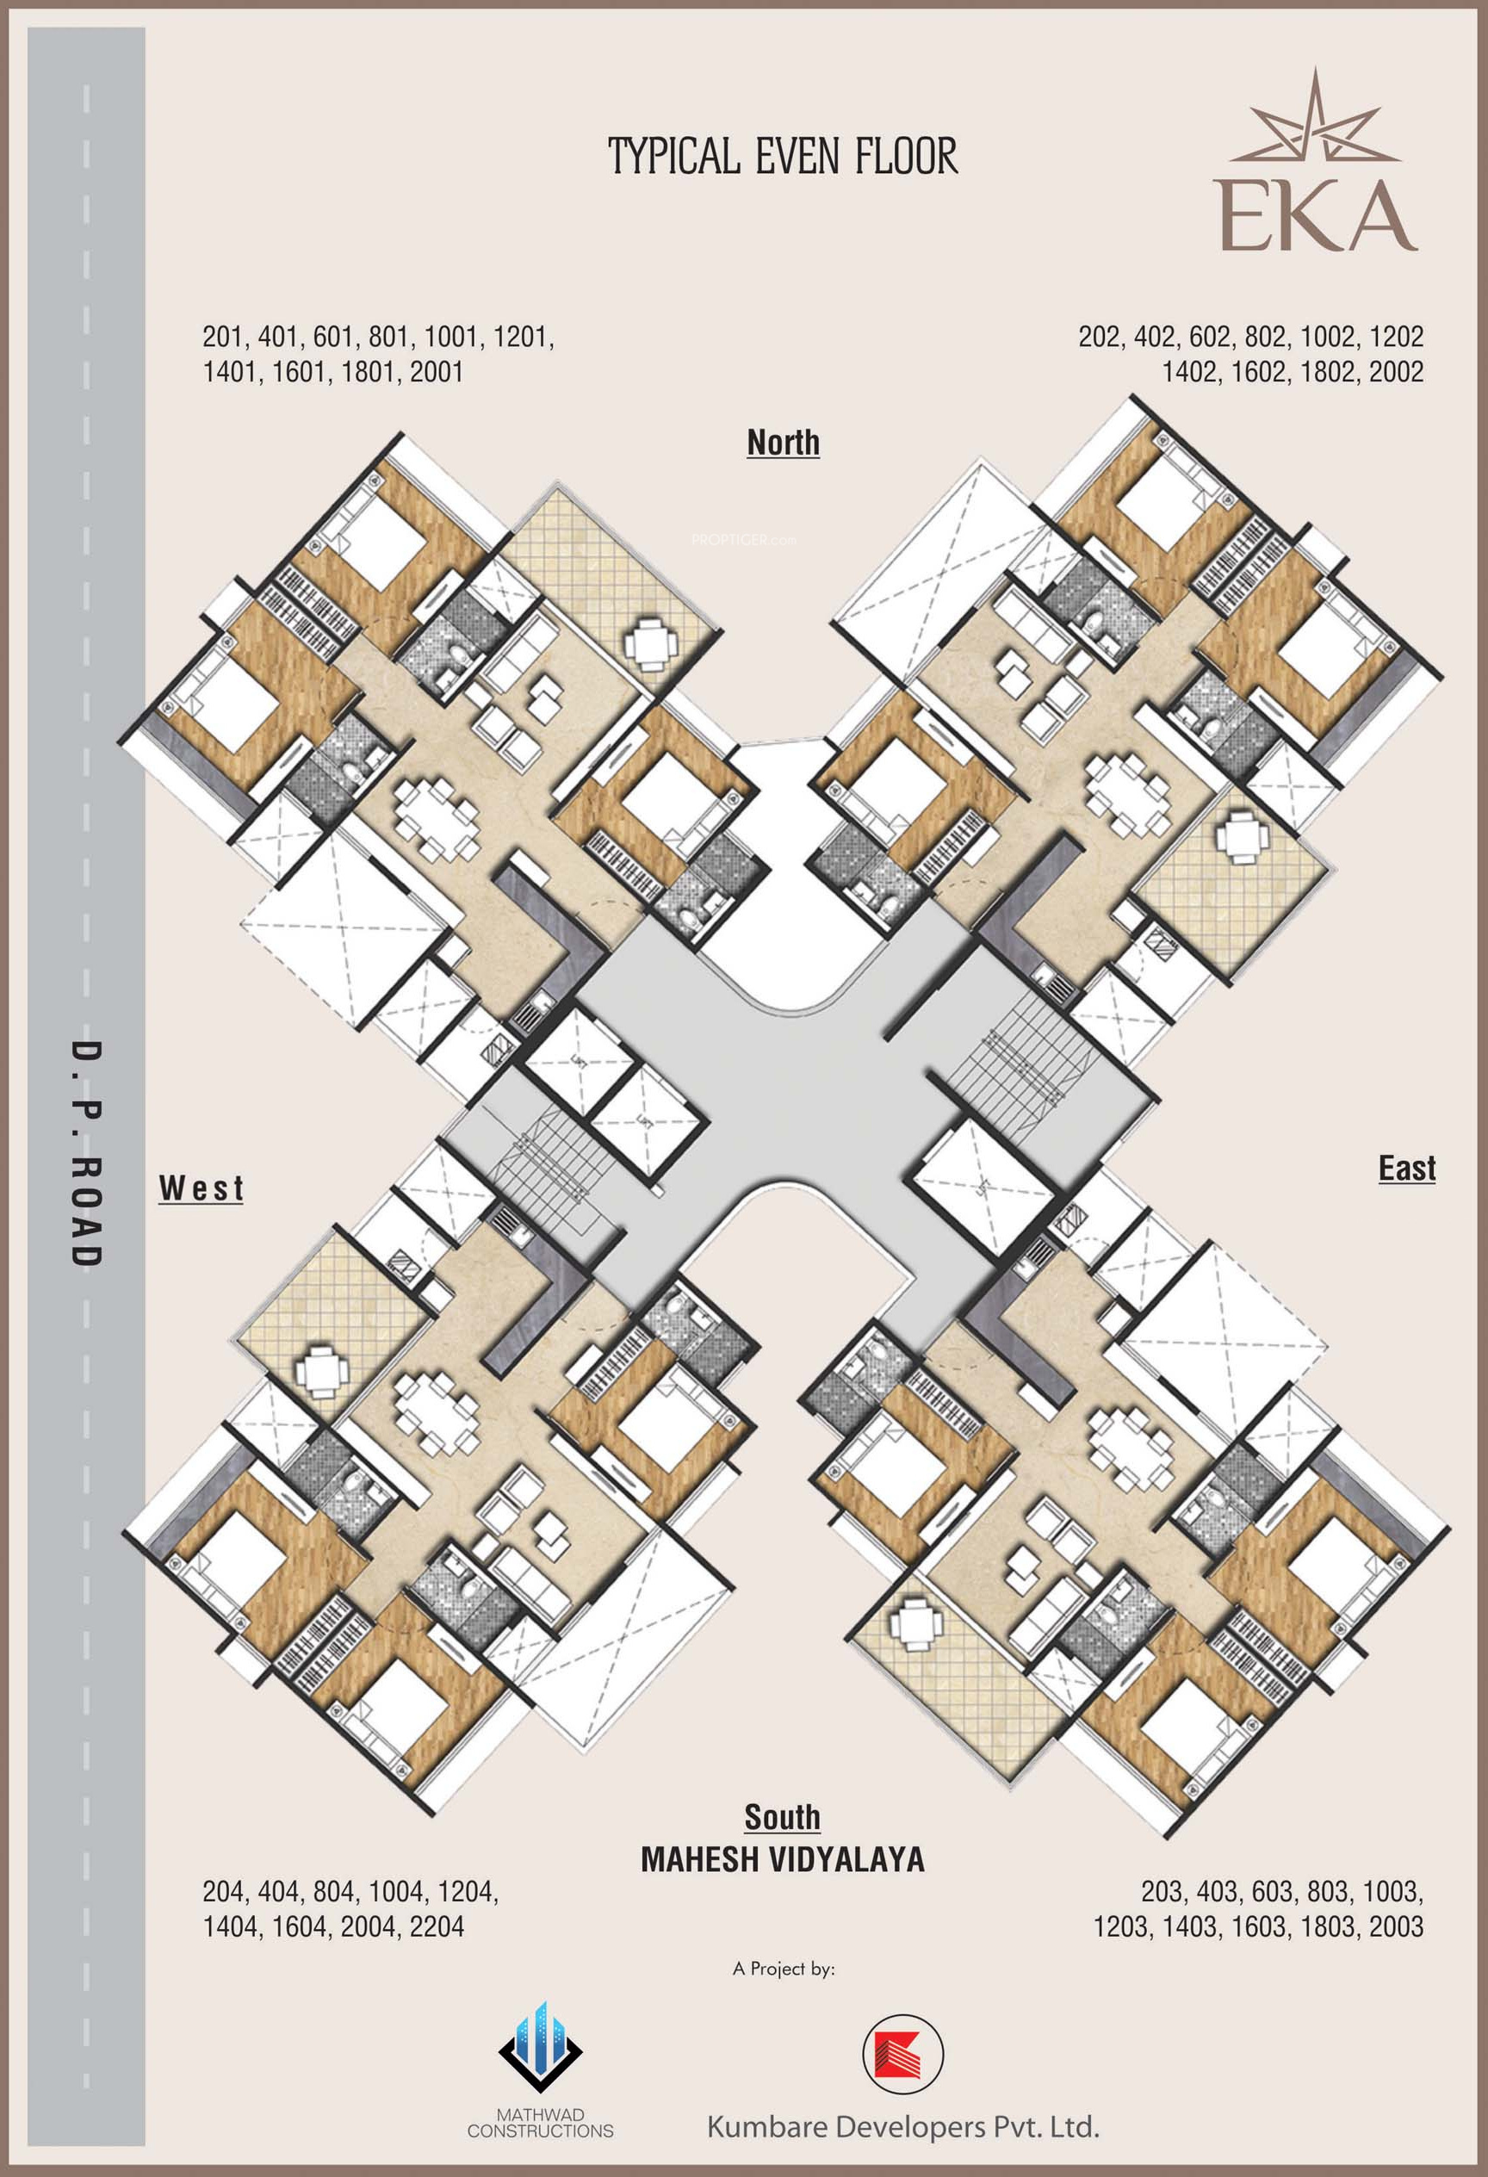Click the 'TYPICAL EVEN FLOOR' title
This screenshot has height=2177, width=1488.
coord(783,156)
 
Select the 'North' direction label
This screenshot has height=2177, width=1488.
coord(783,442)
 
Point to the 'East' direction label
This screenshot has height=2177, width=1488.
coord(1406,1168)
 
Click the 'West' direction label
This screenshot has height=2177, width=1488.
coord(201,1188)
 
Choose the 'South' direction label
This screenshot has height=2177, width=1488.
coord(782,1816)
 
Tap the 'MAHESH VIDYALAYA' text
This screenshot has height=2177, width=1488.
coord(782,1859)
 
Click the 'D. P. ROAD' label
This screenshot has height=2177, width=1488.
coord(86,1153)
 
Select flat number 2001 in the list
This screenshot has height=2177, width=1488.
coord(437,372)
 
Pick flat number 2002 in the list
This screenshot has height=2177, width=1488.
coord(1396,372)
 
